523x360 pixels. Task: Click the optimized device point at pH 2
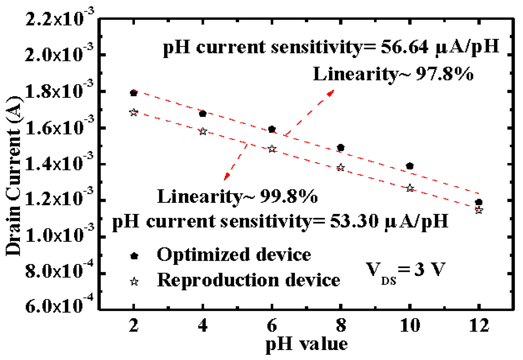point(134,93)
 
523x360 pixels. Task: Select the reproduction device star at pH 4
point(203,131)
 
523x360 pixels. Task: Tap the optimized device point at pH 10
point(410,166)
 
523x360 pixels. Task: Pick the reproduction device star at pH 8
point(340,168)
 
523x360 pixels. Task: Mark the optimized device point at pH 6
point(272,129)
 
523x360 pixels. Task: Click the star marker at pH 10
point(410,188)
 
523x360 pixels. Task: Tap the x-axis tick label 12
point(479,325)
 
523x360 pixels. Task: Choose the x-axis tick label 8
point(341,325)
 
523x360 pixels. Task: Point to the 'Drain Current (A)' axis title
point(14,176)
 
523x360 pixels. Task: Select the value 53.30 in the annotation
point(354,221)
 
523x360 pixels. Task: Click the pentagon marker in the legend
point(134,256)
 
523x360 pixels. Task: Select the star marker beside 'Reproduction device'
point(134,282)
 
